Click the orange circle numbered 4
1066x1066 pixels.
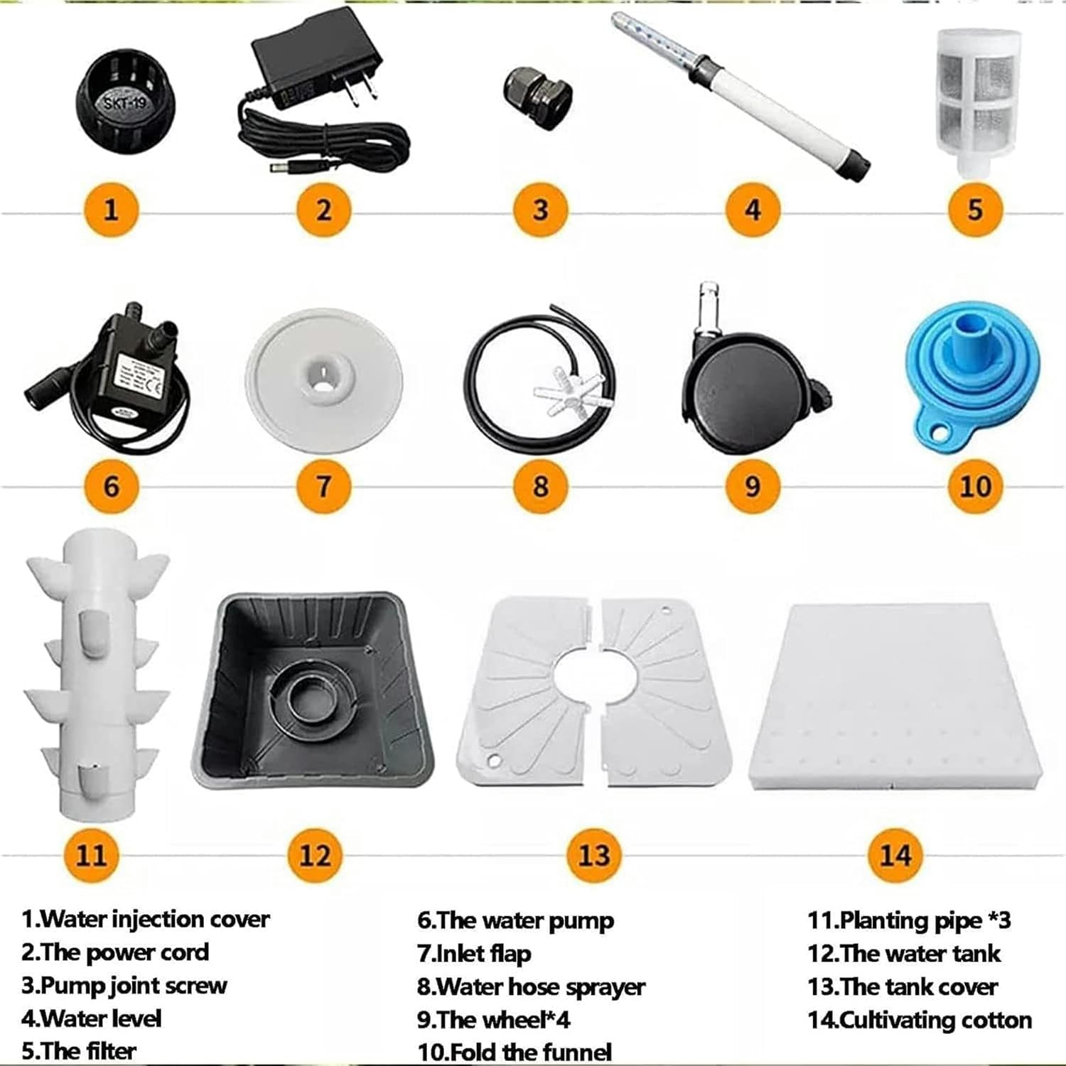coord(753,210)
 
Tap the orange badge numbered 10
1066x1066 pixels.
coord(975,486)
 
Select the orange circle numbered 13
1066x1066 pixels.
coord(594,855)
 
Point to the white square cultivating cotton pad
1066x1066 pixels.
coord(895,696)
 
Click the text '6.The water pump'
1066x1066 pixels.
coord(515,920)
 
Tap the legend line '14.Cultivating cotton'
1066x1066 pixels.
coord(919,1020)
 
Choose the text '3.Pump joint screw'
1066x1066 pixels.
coord(124,986)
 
